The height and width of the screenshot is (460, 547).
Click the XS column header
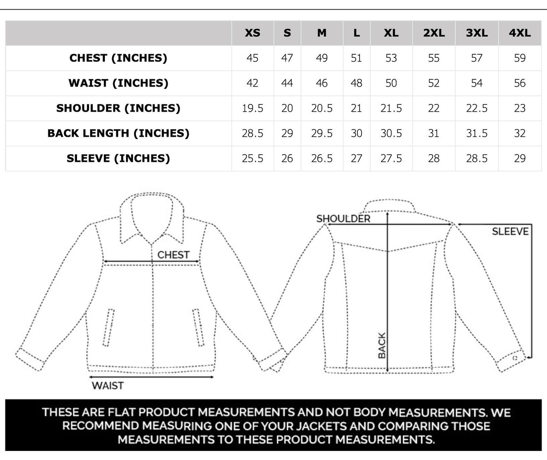click(x=253, y=33)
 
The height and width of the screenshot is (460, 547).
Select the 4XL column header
click(x=520, y=33)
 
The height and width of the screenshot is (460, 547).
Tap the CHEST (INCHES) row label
click(x=119, y=58)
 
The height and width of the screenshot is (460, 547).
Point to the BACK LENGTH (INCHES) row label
click(x=119, y=133)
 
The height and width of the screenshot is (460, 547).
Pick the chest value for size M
click(x=322, y=58)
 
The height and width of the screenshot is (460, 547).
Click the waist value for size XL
click(x=391, y=83)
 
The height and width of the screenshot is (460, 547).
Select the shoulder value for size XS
click(x=253, y=108)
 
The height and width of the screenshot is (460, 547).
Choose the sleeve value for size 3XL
click(x=477, y=158)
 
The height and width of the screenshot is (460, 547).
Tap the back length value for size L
click(x=356, y=133)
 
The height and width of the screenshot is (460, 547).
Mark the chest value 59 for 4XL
click(x=520, y=58)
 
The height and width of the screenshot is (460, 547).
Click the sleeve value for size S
click(x=287, y=158)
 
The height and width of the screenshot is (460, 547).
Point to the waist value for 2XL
click(x=433, y=83)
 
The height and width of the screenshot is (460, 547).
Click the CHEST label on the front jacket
click(x=173, y=255)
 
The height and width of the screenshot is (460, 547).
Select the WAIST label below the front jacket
click(x=108, y=386)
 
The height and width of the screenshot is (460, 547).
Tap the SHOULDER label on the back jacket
click(x=343, y=218)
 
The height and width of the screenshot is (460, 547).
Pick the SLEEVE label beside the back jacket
click(x=510, y=231)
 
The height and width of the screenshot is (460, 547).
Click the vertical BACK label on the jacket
click(x=382, y=345)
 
